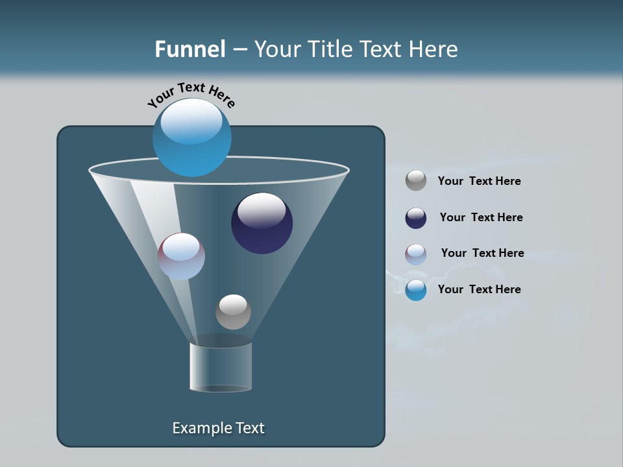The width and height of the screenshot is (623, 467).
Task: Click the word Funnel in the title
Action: [190, 49]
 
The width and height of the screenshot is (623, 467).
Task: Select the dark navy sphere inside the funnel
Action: [262, 223]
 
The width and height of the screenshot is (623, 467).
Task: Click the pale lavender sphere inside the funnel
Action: [181, 256]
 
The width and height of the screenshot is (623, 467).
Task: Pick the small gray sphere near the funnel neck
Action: [233, 311]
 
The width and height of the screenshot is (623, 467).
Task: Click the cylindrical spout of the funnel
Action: [221, 366]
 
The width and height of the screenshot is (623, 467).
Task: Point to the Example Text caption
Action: [218, 428]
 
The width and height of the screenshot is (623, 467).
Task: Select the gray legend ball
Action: [416, 180]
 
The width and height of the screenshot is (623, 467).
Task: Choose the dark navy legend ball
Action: [416, 218]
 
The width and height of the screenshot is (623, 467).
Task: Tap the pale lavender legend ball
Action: [416, 254]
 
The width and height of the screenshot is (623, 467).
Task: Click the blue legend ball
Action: [416, 290]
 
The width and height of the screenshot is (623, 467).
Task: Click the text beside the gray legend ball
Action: [479, 181]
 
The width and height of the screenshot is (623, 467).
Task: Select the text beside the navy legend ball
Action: [481, 217]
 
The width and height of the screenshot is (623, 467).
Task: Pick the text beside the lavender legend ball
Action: [482, 253]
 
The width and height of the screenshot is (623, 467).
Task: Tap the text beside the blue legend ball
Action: [479, 289]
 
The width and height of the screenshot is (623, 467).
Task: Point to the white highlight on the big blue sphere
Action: [191, 121]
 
